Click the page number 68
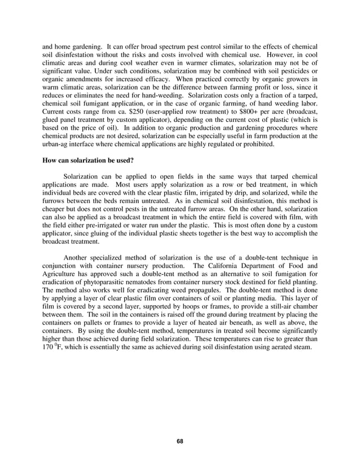tap(179, 441)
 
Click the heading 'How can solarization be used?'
tap(88, 160)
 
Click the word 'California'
tap(221, 266)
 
